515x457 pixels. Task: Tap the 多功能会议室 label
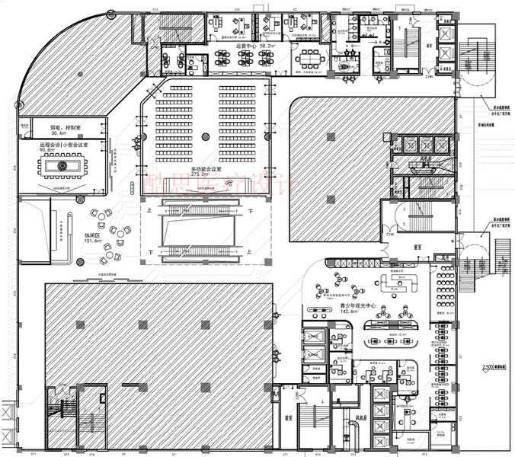(205, 169)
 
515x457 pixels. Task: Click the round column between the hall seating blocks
(204, 137)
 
